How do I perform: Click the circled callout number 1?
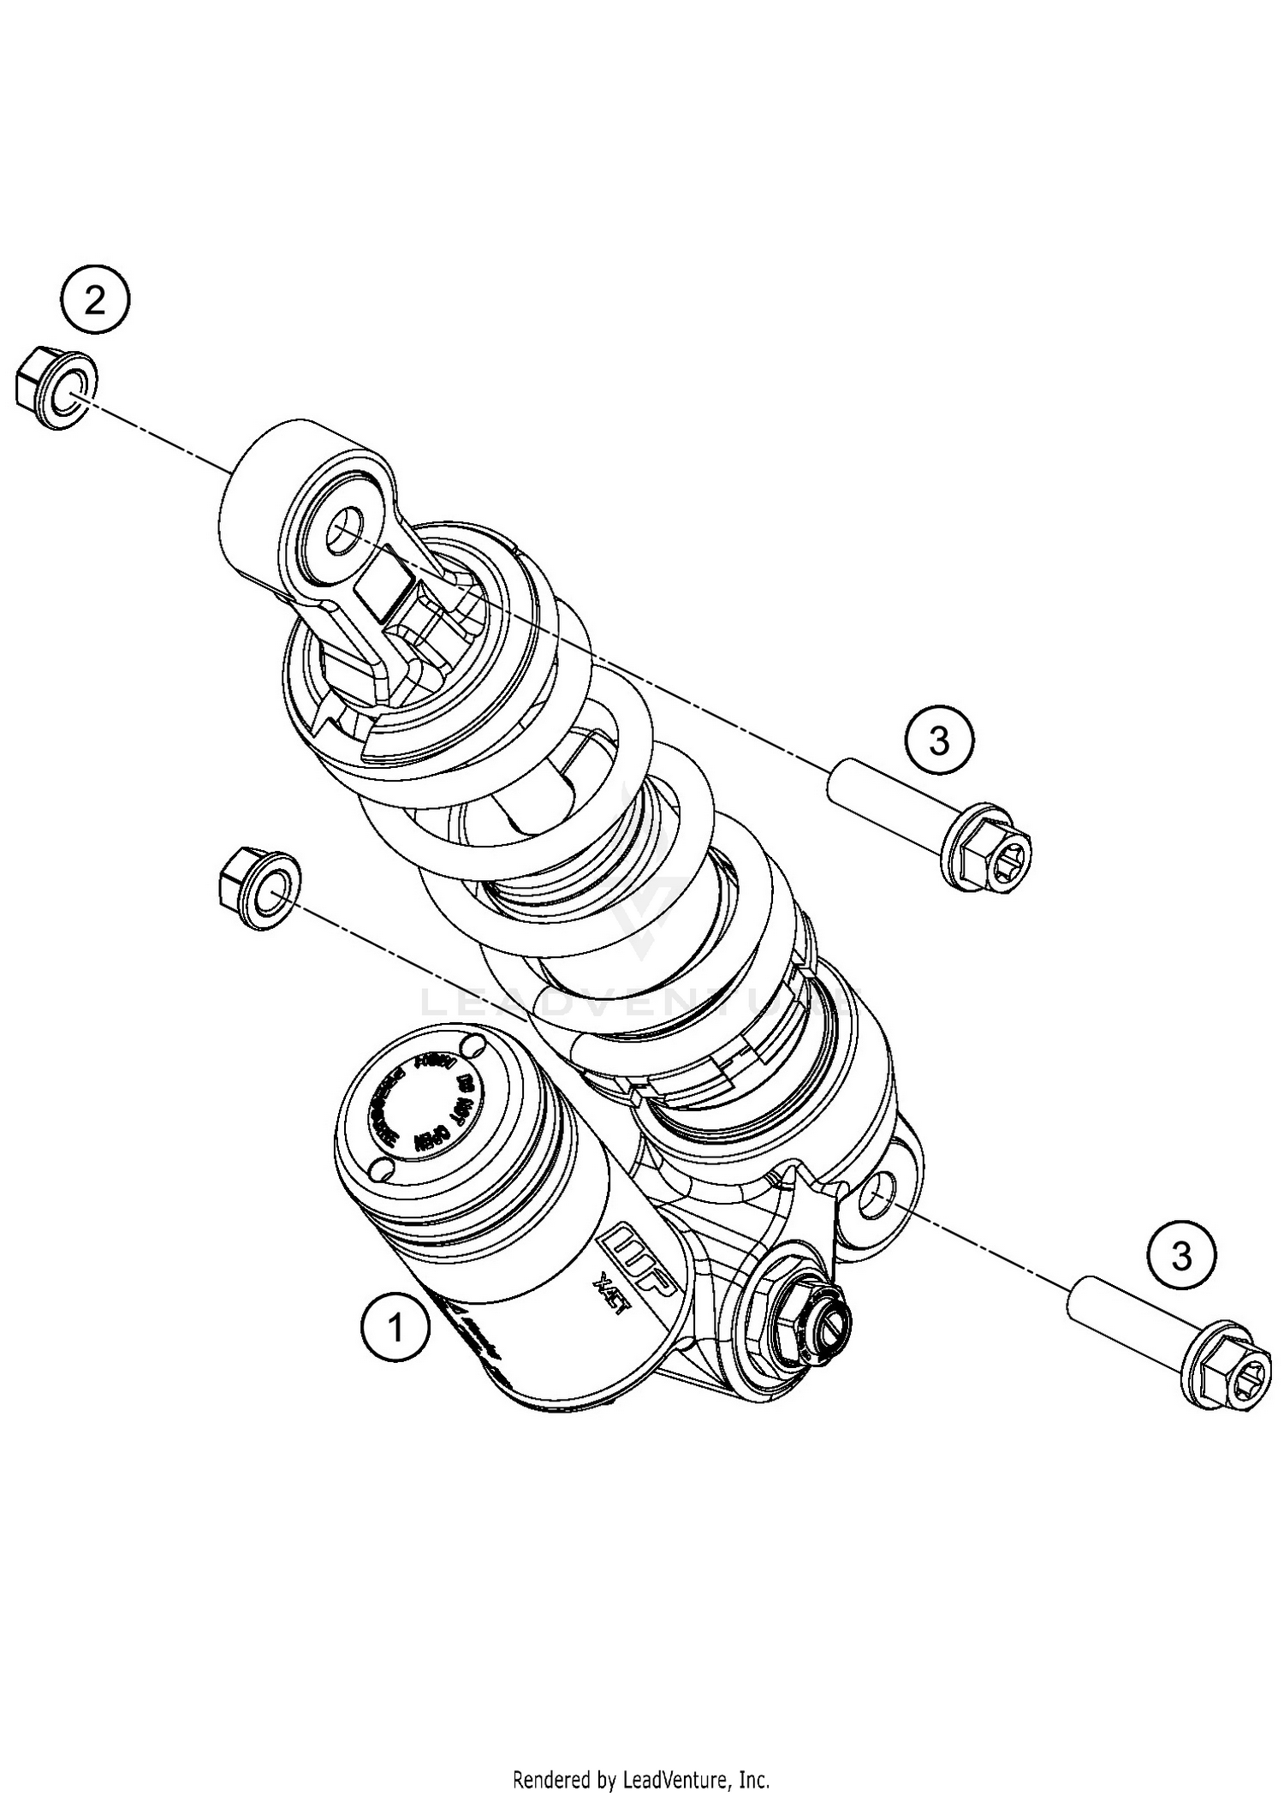tap(395, 1328)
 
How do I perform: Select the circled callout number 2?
tap(94, 300)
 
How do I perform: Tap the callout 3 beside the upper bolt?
tap(940, 740)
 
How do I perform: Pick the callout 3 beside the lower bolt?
tap(1182, 1257)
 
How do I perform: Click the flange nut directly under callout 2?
tap(56, 390)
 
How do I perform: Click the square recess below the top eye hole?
tap(383, 586)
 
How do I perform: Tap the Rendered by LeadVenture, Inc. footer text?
tap(641, 1777)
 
